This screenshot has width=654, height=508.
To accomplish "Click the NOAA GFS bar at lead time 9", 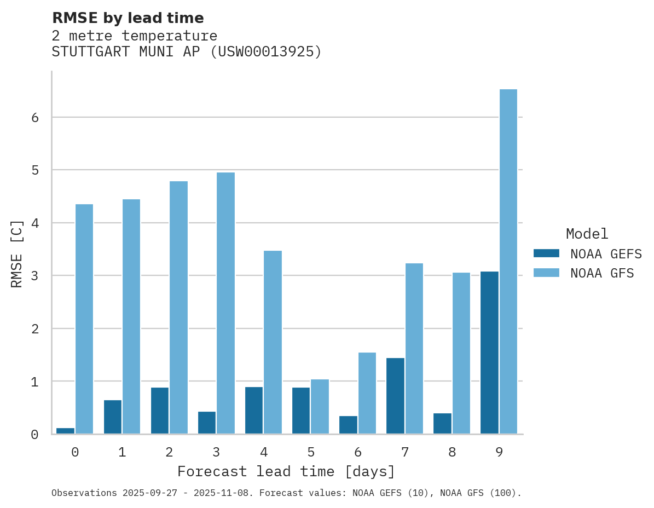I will [x=508, y=262].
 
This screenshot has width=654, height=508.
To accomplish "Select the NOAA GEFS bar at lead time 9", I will [x=489, y=353].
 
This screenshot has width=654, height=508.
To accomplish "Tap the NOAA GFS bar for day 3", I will [x=225, y=303].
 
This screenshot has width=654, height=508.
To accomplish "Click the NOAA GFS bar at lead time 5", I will [x=320, y=406].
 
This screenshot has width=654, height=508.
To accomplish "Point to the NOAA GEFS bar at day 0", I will [x=66, y=431].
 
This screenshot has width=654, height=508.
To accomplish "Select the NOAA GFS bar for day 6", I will [x=367, y=393].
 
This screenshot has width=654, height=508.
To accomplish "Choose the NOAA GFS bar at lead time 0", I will [x=84, y=319].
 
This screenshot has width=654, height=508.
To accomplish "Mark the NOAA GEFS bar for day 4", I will [x=254, y=410].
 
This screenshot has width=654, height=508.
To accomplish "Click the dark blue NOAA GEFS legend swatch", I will [x=546, y=253].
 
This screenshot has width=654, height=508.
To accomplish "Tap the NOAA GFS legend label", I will [x=601, y=273].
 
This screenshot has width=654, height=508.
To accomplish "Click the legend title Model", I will [x=587, y=234].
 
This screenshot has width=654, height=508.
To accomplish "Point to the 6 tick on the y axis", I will [x=34, y=118].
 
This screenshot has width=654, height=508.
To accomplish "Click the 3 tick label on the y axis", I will [x=34, y=276].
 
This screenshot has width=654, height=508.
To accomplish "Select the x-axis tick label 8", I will [x=452, y=452].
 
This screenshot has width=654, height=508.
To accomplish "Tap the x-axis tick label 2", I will [x=169, y=452].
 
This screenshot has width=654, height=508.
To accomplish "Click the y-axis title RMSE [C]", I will [x=17, y=253].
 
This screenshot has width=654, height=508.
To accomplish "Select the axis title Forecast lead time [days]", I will [x=286, y=471].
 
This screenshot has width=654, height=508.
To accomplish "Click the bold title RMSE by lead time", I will [x=128, y=18].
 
